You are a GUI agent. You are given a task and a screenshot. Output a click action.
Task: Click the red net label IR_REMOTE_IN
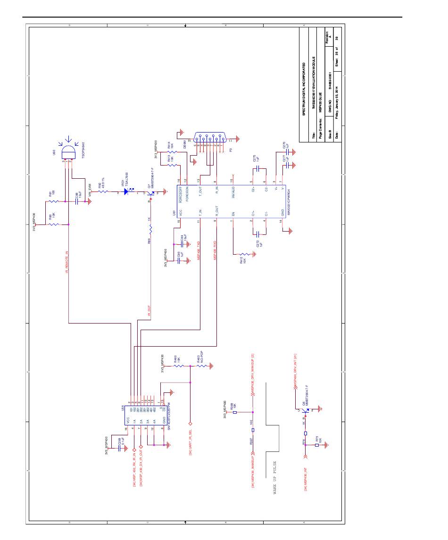pyautogui.click(x=66, y=263)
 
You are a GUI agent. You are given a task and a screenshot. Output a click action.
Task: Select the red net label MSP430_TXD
pyautogui.click(x=199, y=250)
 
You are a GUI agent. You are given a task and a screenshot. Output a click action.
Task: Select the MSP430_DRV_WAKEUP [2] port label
pyautogui.click(x=253, y=370)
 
